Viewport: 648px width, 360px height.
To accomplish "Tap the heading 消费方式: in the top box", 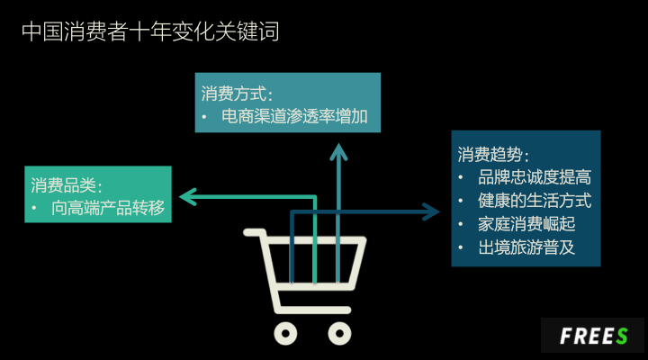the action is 237,93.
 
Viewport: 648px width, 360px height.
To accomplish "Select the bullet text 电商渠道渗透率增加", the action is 295,117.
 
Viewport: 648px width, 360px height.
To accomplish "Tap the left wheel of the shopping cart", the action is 285,334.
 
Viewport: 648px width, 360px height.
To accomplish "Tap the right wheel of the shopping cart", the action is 339,334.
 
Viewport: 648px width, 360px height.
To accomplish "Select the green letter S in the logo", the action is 622,336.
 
